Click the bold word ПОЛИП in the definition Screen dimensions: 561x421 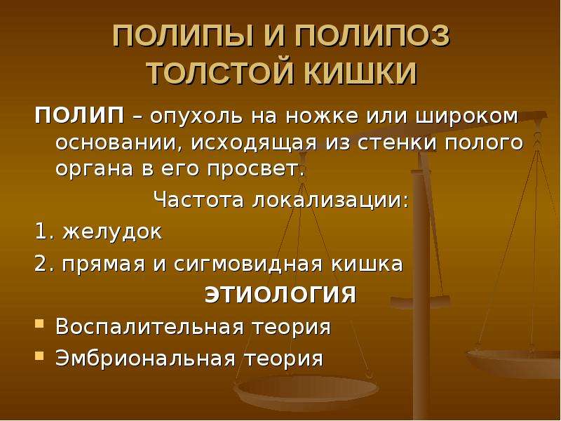pyautogui.click(x=79, y=116)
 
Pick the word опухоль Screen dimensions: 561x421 pyautogui.click(x=197, y=117)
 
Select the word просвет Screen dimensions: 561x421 pyautogui.click(x=256, y=169)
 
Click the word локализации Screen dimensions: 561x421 pyautogui.click(x=330, y=200)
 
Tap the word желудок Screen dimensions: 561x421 pyautogui.click(x=112, y=232)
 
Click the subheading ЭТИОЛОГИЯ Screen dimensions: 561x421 pyautogui.click(x=280, y=295)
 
